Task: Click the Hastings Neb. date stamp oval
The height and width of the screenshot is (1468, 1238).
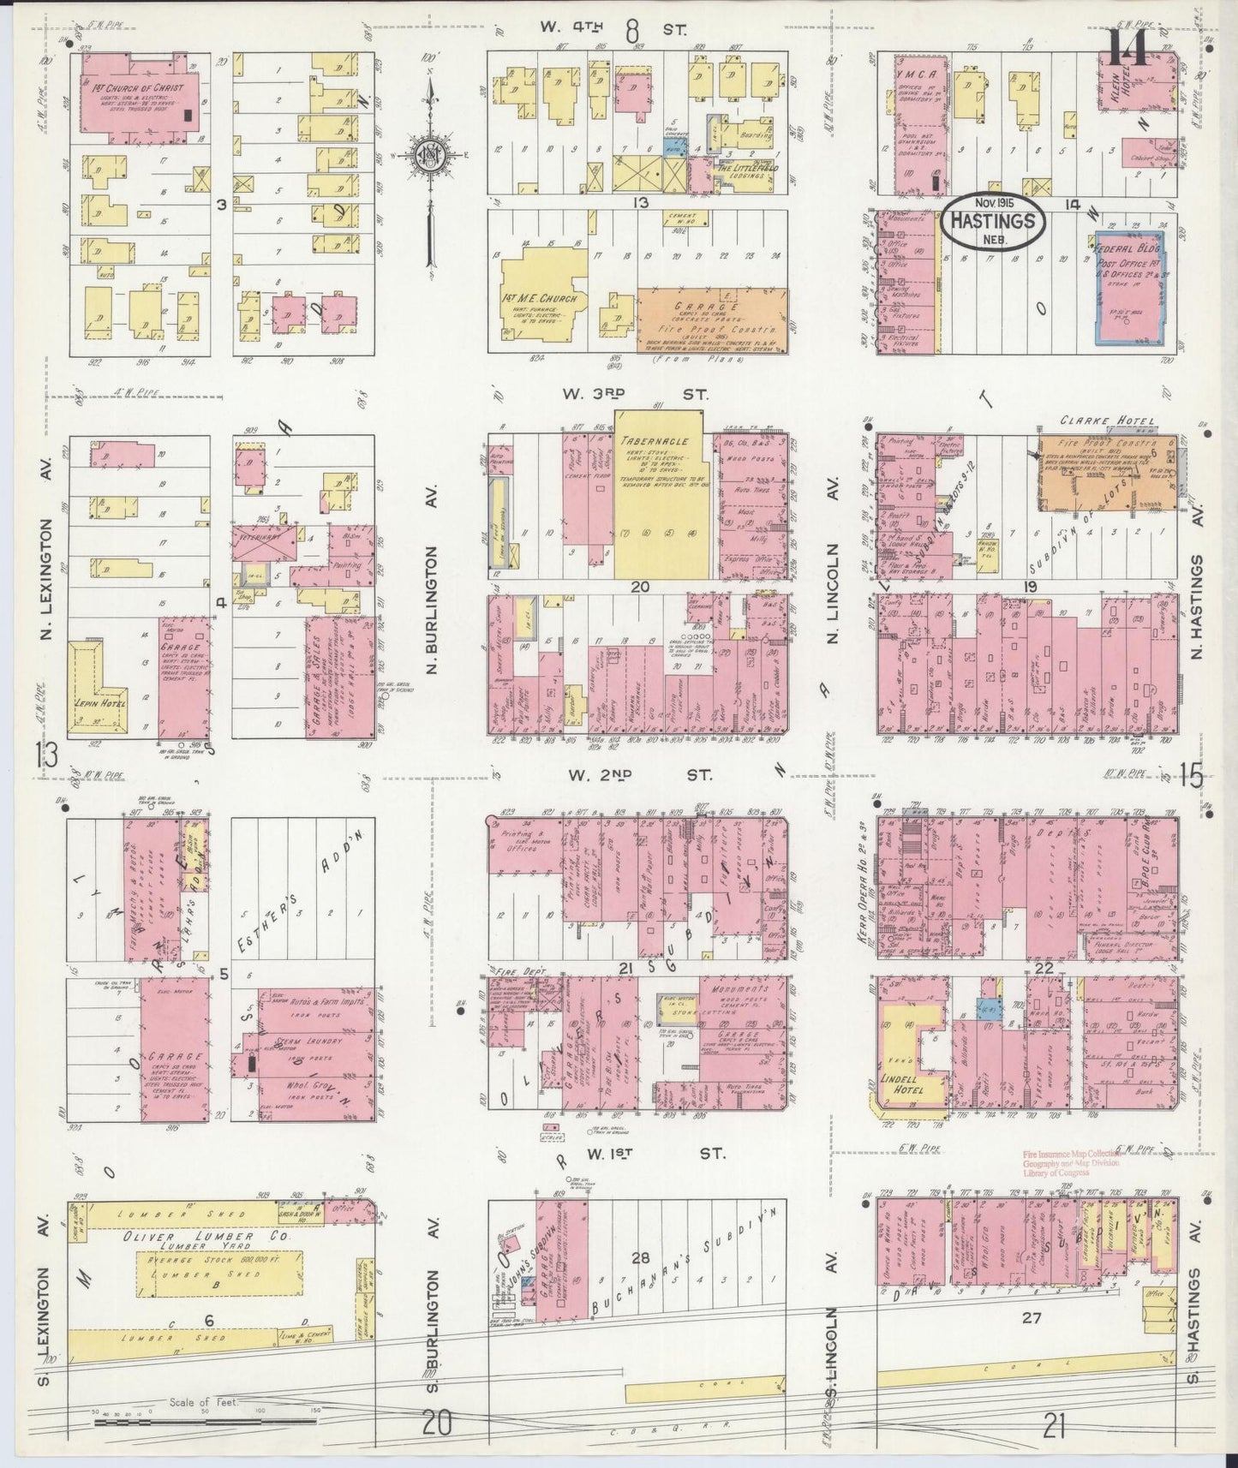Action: tap(993, 223)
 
